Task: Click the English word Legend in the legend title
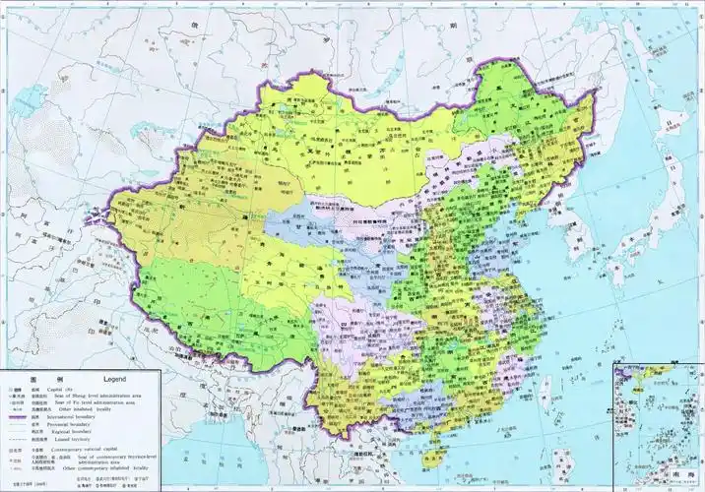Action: (x=116, y=379)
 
